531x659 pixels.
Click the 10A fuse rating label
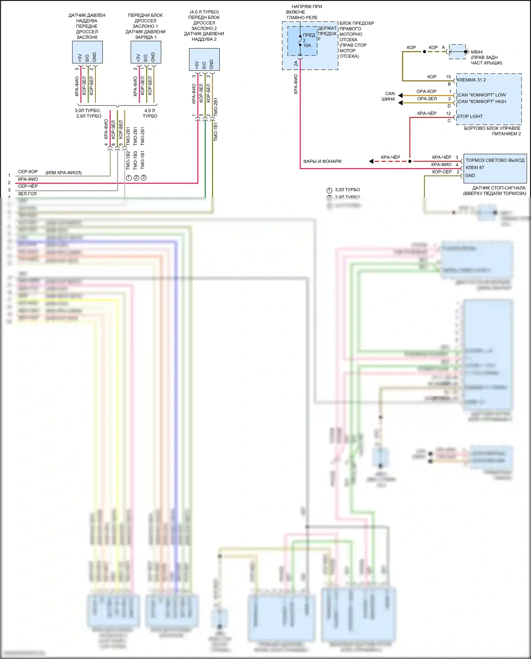[307, 45]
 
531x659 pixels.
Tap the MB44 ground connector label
[476, 52]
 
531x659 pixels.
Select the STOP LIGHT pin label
[470, 117]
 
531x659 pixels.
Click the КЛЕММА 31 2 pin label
[471, 80]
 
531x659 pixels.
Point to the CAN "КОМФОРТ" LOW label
[482, 95]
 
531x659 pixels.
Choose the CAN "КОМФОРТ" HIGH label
[482, 102]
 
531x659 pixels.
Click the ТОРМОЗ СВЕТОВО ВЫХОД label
[495, 160]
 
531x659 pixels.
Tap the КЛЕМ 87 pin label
[475, 168]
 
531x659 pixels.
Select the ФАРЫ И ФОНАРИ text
[322, 161]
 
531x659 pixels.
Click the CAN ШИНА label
[389, 96]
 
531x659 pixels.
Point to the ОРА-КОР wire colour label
[426, 91]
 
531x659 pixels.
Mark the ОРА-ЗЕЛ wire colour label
[427, 99]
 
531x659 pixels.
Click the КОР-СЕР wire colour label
[442, 172]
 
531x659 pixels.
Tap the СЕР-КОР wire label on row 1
[28, 172]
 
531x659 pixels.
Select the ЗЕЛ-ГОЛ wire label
[27, 194]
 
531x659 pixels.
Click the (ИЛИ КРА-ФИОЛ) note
[63, 173]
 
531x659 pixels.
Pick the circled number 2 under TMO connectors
[136, 178]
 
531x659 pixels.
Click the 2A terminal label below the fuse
[296, 64]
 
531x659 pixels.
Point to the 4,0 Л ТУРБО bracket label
[150, 113]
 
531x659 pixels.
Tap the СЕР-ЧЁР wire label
[28, 186]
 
